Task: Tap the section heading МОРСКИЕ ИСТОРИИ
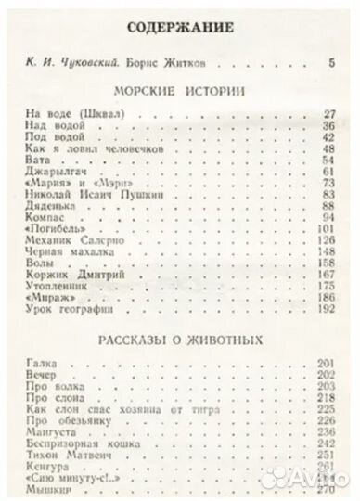click(181, 93)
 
